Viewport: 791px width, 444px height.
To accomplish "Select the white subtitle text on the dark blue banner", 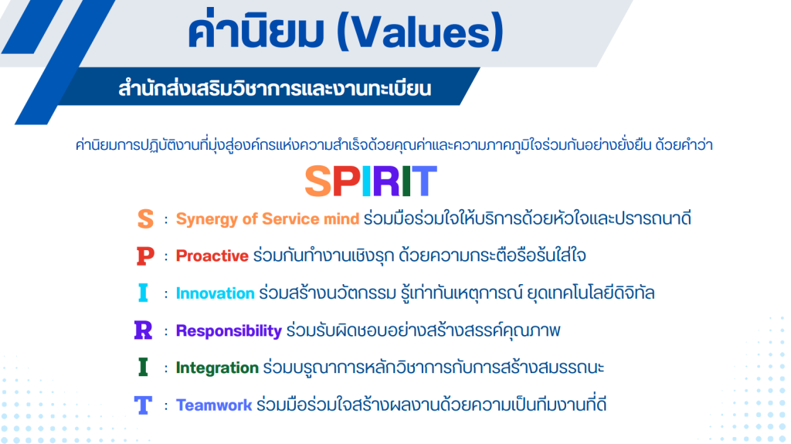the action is coord(275,88).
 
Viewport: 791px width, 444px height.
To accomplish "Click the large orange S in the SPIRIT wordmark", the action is coord(318,181).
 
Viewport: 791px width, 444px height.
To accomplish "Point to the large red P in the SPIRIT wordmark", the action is coord(347,181).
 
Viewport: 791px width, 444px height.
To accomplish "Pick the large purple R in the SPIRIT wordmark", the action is coord(386,181).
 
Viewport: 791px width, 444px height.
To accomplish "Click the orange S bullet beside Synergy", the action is coord(145,219).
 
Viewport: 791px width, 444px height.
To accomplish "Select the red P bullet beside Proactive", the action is coord(145,256).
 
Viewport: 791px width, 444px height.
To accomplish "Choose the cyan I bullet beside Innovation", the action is coord(143,293).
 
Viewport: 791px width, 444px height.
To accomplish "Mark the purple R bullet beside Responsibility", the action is coord(143,330).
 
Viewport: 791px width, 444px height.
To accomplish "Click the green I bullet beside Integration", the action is coord(143,367).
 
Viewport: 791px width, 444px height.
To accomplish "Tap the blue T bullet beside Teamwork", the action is coord(143,405).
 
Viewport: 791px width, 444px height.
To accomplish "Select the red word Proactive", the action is coord(212,256).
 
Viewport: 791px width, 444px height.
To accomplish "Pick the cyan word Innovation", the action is coord(215,293).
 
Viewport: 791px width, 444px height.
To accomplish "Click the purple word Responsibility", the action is coord(229,331).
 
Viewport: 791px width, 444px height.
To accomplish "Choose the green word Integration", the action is coord(217,368).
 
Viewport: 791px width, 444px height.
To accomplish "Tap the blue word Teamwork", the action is coord(214,405).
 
